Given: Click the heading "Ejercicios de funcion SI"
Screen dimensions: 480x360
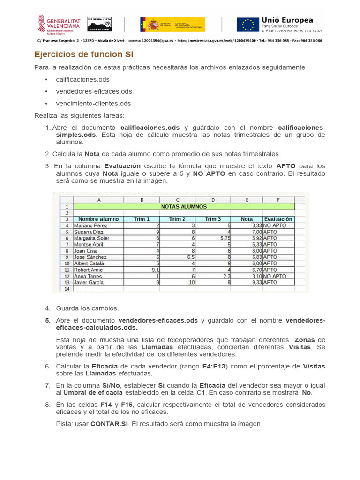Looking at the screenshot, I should (84, 54).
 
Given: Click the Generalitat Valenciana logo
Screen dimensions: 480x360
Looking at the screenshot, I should (59, 24).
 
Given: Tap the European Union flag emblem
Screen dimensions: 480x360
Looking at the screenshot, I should (247, 24).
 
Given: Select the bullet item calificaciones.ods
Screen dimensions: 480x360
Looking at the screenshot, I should (82, 79).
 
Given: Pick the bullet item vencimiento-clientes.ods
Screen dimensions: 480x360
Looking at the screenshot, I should (93, 103).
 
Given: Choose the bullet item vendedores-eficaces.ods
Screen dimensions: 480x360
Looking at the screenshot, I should (94, 91).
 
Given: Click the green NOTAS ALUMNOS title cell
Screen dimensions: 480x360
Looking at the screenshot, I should (184, 206).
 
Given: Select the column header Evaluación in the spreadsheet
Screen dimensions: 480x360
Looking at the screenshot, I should (278, 219).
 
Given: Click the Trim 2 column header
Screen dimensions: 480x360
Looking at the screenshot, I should (177, 219).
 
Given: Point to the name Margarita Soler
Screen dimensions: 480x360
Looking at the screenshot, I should (92, 238).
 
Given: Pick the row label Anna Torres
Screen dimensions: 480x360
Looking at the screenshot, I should (89, 276).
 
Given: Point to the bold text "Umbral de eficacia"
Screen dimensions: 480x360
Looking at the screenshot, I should (90, 393).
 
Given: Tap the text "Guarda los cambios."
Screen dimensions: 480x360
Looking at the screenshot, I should (87, 308).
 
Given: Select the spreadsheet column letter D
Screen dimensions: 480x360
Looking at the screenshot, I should (213, 200).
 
